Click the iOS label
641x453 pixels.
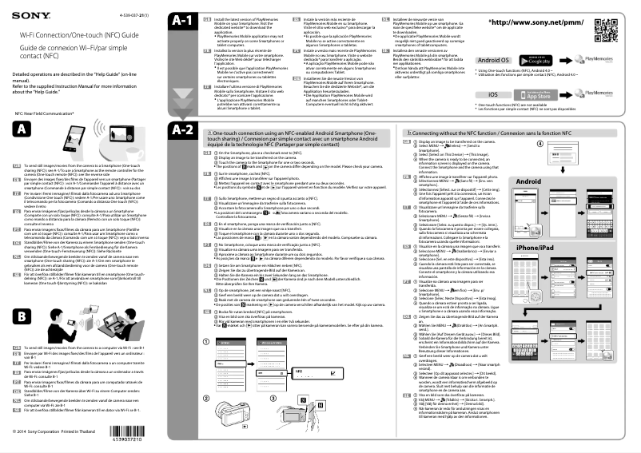(x=493, y=94)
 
